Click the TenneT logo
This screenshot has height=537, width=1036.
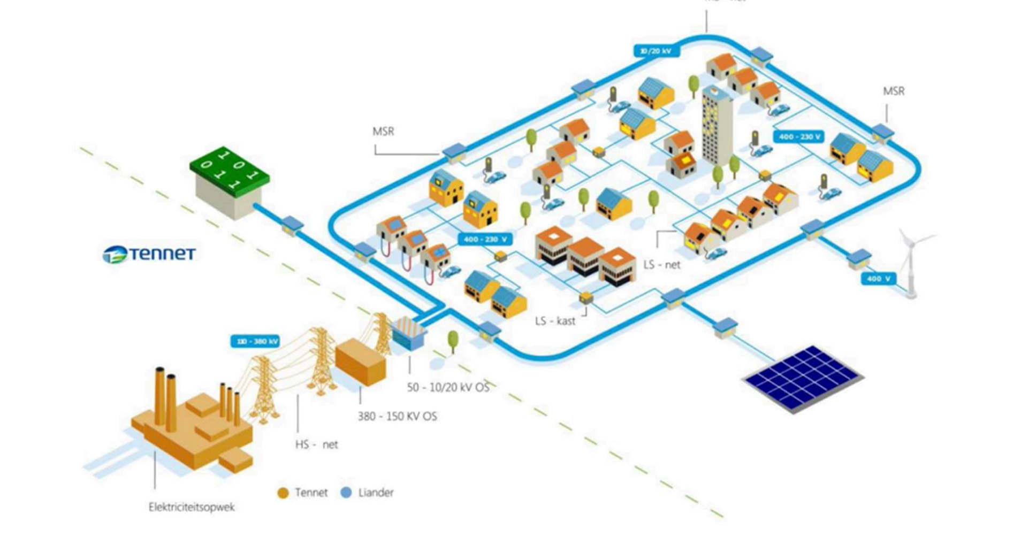(x=149, y=254)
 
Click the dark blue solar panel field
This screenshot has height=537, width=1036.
(x=803, y=378)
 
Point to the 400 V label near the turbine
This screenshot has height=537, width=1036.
(x=878, y=279)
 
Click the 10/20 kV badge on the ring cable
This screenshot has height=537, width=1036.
(x=656, y=51)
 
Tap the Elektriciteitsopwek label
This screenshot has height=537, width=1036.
(x=192, y=507)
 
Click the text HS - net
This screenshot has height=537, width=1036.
(x=316, y=444)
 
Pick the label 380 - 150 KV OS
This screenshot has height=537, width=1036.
(x=397, y=416)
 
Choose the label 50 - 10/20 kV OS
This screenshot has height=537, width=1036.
(x=448, y=387)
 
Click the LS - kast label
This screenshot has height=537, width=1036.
(x=555, y=321)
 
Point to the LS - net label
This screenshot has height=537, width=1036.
(x=662, y=264)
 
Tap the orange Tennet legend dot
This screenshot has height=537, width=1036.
(x=283, y=493)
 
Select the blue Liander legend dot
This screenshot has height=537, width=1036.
(x=346, y=493)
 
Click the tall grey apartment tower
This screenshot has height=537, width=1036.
(x=717, y=126)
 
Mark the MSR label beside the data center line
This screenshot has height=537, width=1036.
(x=383, y=131)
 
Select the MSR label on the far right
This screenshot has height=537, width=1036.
(x=894, y=91)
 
